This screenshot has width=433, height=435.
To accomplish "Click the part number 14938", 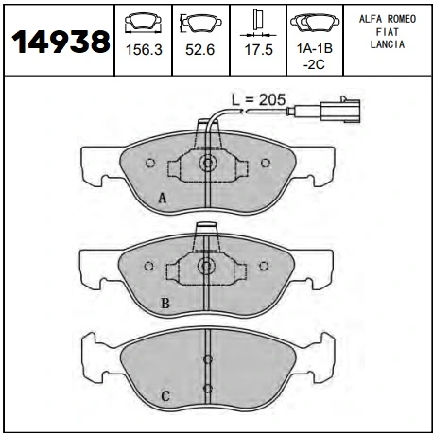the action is coord(61,42).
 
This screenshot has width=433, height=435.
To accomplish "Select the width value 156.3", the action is coord(144,50).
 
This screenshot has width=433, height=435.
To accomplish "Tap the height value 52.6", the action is coord(200,50).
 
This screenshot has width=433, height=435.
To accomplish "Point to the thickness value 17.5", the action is coord(259,50).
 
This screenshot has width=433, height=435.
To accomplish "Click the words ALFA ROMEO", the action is coord(388,19).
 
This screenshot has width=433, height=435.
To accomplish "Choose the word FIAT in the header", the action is coord(388,32).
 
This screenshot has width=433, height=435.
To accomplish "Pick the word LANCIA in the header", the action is coord(388,44).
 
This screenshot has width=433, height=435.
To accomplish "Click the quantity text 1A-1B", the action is coord(315,48).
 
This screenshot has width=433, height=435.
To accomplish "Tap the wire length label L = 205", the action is coord(259,99).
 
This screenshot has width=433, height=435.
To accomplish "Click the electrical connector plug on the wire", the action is coord(340,111).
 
